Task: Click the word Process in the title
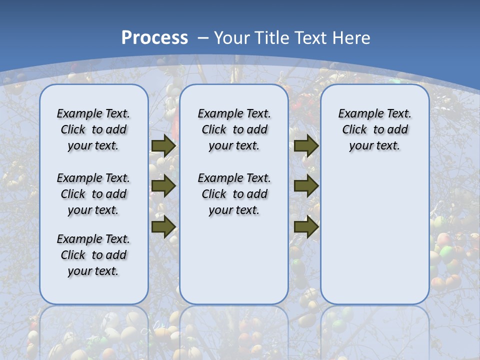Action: coord(154,37)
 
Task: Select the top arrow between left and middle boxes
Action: coord(163,145)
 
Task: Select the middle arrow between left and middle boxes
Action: coord(163,186)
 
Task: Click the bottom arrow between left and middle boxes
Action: coord(163,226)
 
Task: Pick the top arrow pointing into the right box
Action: coord(306,145)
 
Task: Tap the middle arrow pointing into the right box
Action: coord(306,186)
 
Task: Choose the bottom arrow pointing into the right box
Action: coord(306,226)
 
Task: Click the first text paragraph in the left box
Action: coord(93,129)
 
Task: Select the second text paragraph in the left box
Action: coord(93,194)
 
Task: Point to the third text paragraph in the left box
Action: coord(93,255)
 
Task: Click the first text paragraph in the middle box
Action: coord(234,129)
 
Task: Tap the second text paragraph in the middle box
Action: coord(234,194)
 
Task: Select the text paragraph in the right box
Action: coord(374,129)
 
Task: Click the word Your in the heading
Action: coord(232,37)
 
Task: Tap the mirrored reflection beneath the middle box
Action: coord(234,332)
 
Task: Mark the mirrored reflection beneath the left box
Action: coord(93,332)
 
